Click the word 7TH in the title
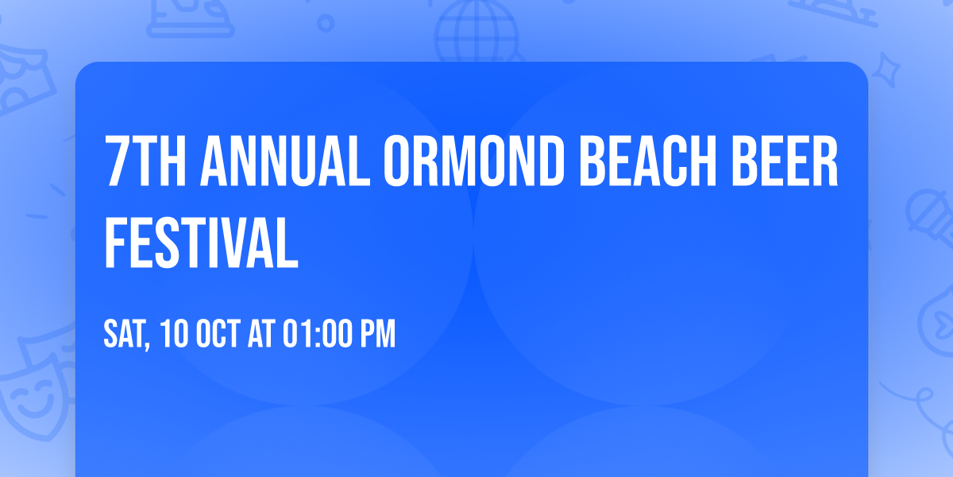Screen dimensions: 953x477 [x=145, y=161]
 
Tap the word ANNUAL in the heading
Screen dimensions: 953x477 [x=285, y=161]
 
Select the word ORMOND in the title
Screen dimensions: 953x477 [x=474, y=161]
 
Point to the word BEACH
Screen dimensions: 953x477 [x=647, y=161]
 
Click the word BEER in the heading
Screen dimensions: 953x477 [x=785, y=161]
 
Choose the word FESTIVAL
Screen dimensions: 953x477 [x=201, y=242]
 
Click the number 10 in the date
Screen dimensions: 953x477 [x=174, y=333]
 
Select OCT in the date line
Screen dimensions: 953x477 [x=218, y=333]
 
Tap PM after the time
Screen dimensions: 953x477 [x=378, y=333]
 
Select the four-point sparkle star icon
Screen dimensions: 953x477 [x=885, y=70]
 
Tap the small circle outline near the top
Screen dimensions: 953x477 [x=326, y=23]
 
